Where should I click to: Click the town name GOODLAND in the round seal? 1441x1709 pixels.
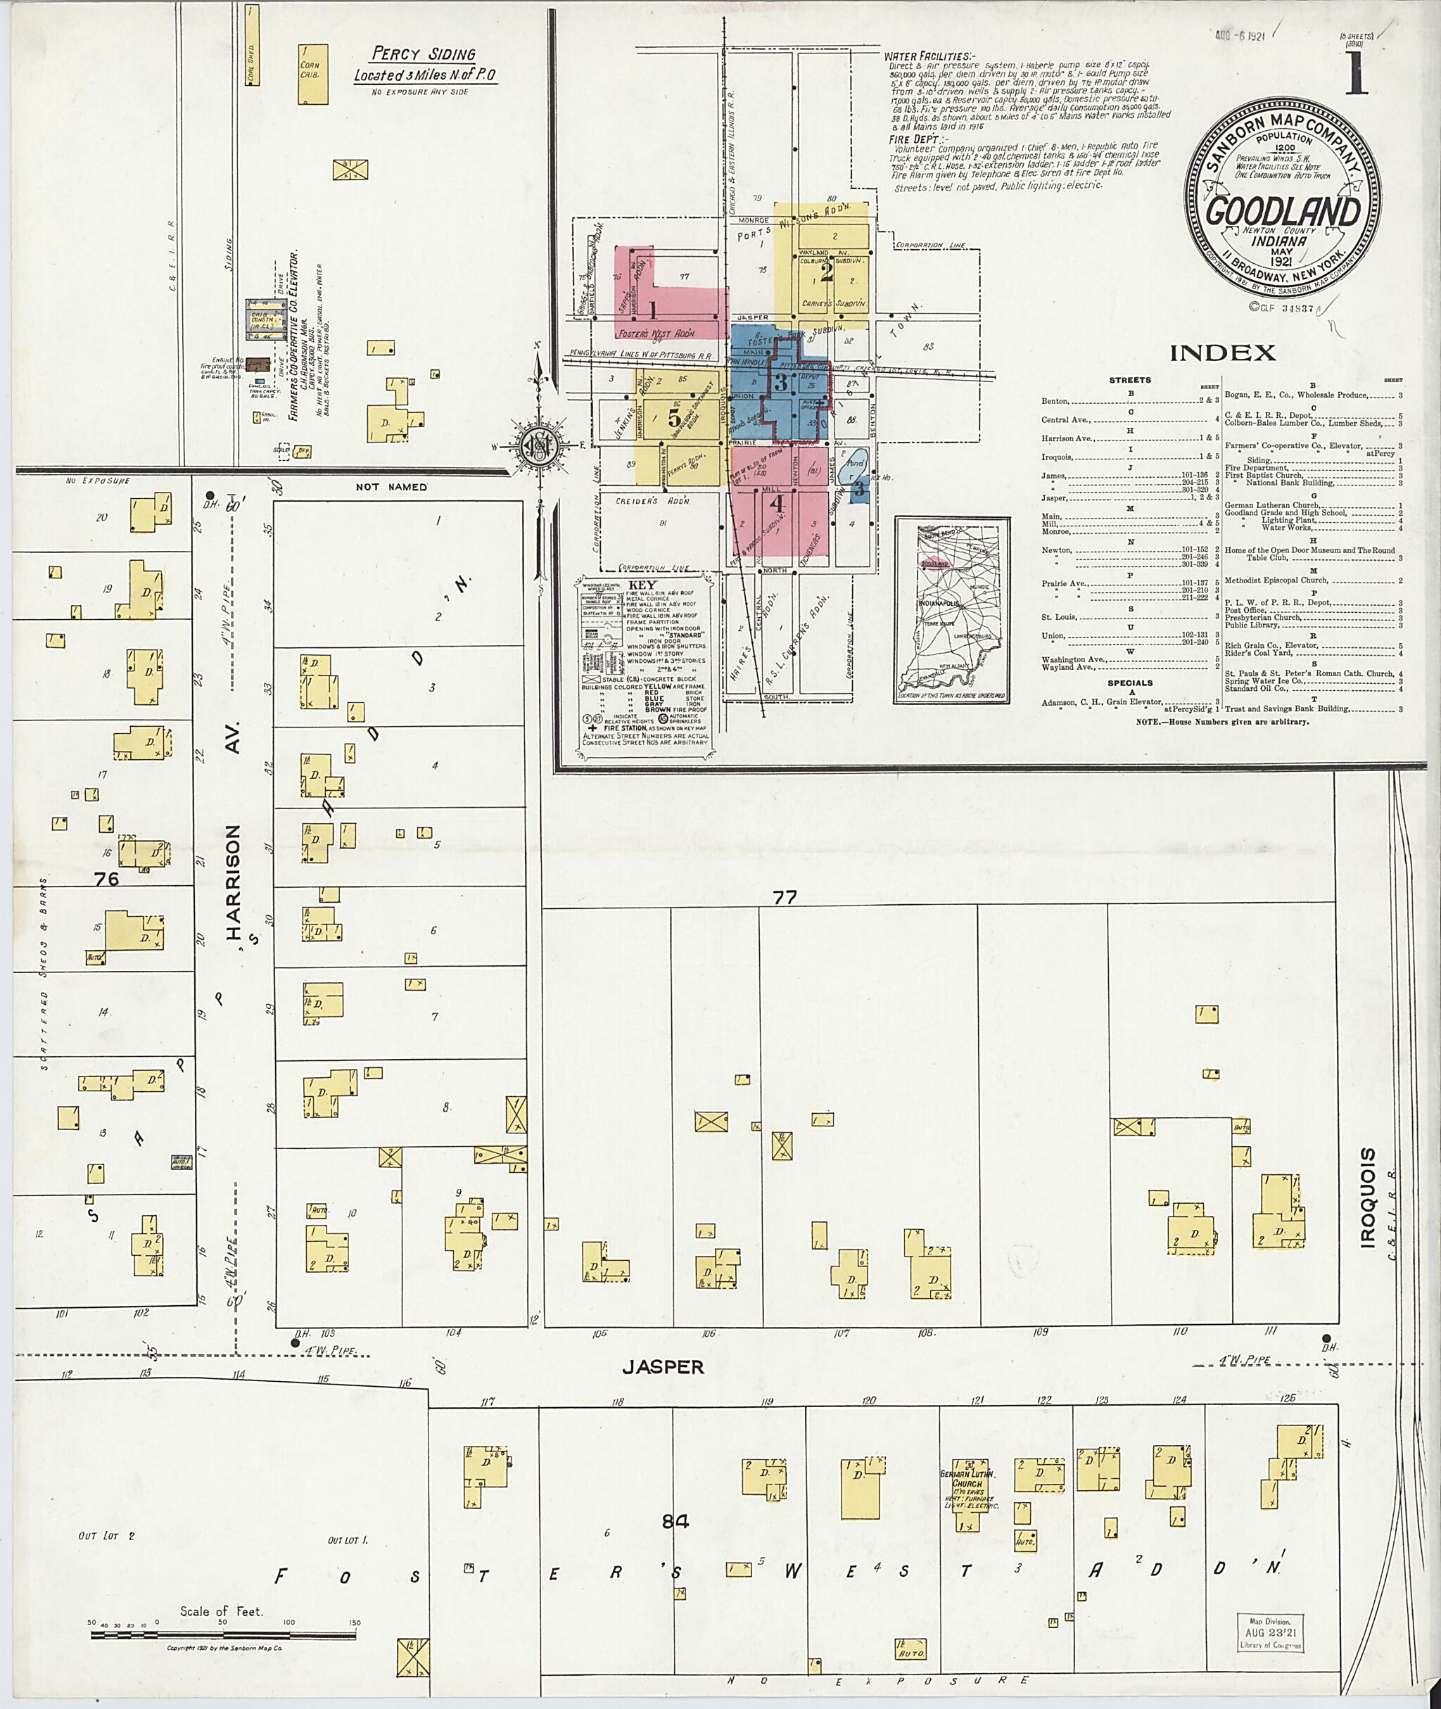[1283, 212]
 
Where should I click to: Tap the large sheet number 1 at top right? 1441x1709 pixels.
[1359, 75]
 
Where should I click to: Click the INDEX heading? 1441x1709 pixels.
[1222, 353]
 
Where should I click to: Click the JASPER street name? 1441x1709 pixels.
[663, 1367]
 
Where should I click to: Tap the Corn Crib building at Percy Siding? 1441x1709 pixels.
[313, 75]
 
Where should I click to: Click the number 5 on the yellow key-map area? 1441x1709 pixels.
[674, 418]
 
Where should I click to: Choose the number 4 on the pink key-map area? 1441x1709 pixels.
[777, 503]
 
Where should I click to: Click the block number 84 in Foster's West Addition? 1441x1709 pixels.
[676, 1521]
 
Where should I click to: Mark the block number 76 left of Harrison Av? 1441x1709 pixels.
[106, 879]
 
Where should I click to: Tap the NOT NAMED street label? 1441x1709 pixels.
[391, 487]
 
